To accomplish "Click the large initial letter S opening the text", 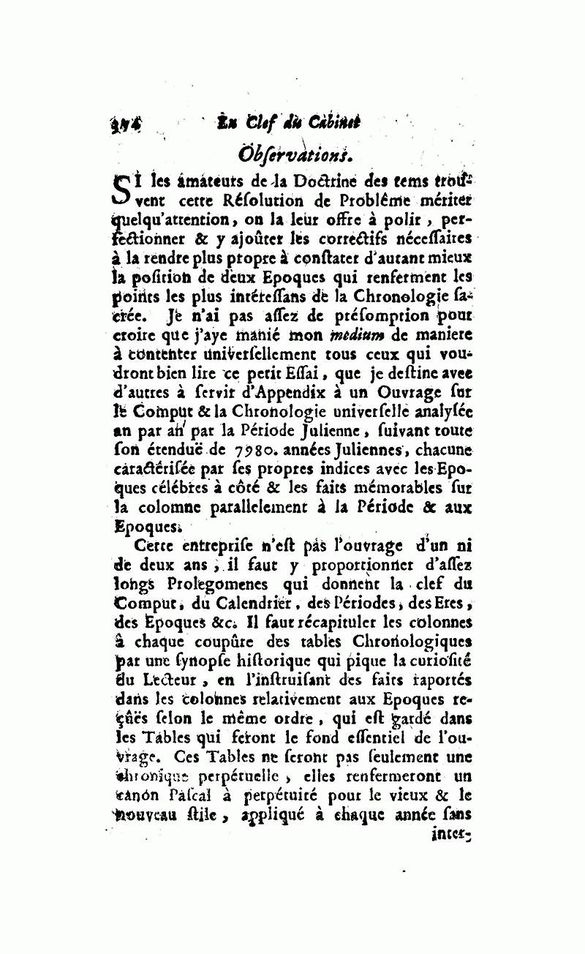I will pos(123,187).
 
